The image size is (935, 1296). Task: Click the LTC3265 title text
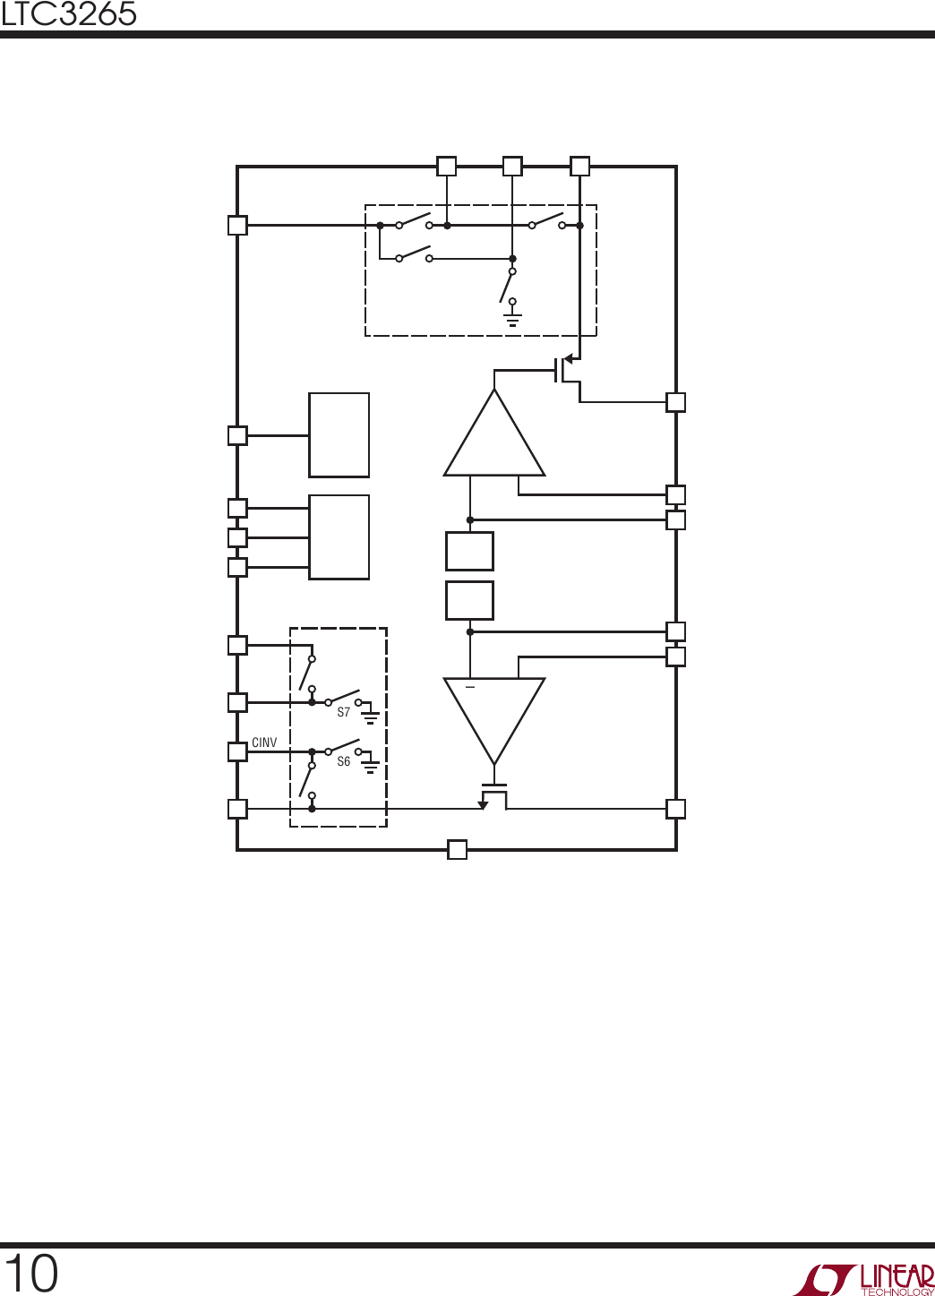[68, 14]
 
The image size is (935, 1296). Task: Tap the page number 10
[31, 1274]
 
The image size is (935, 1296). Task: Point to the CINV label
[264, 742]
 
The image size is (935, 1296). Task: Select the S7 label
[344, 712]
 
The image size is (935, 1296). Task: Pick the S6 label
[344, 761]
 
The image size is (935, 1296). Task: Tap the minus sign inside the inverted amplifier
[470, 687]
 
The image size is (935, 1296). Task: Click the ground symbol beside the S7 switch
[370, 717]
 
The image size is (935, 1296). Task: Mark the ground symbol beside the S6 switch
[370, 767]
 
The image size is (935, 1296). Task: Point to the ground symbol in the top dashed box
[512, 320]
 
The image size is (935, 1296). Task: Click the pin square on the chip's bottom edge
[457, 850]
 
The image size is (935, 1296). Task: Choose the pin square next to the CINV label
[238, 751]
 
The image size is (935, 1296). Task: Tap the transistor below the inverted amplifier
[493, 796]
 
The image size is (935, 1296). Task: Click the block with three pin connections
[339, 536]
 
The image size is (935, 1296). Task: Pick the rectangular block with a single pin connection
[339, 435]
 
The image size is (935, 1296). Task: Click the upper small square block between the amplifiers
[470, 552]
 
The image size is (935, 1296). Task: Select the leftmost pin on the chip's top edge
[446, 166]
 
